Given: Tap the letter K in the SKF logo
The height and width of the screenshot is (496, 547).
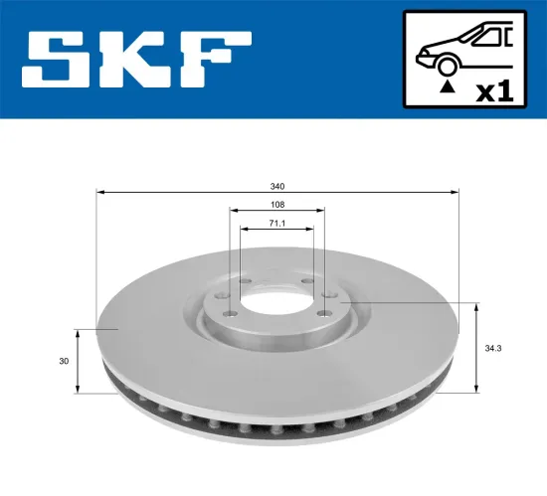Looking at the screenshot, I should (140, 60).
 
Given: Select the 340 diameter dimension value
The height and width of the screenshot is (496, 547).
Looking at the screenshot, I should (277, 186).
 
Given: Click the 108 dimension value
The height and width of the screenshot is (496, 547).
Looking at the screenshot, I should (277, 205).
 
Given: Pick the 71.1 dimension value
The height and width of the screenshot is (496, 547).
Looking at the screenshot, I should (277, 224).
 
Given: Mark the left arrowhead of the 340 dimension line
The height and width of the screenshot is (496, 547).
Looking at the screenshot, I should (99, 192).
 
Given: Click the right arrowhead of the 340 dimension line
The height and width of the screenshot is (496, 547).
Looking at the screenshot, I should (456, 192).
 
